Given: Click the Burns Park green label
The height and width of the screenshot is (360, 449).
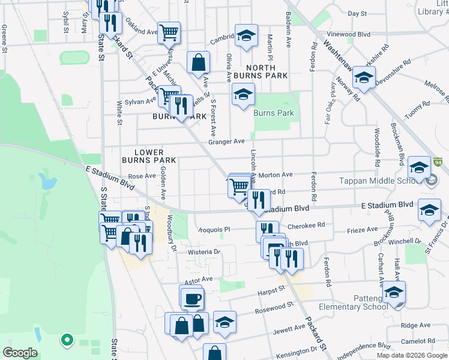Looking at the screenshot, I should coord(274,113).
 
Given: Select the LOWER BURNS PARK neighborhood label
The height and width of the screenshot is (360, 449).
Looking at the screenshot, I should coord(149,157).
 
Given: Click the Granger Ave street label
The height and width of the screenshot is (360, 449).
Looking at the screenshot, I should coord(226,142).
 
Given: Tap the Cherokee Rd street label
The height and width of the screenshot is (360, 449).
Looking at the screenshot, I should coord(306,226).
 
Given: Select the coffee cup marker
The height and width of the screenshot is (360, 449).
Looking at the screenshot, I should coord(192,299).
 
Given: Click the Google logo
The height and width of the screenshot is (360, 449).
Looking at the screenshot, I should coord(20,353).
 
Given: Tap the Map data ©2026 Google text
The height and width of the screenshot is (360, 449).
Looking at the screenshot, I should coord(411,355).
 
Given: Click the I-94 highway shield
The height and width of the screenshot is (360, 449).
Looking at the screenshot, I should coord(439,162).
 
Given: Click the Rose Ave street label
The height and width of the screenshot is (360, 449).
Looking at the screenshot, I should coord(142,176).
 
